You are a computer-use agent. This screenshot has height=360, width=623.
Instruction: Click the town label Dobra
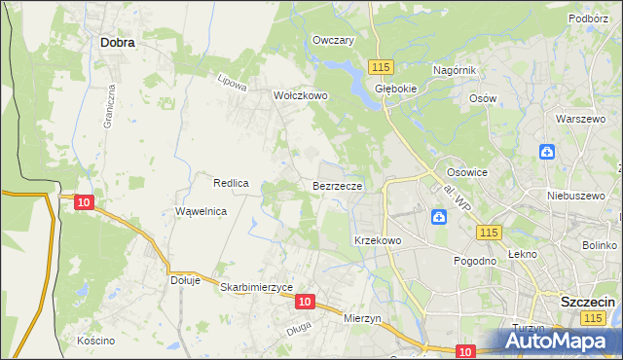coord(117,43)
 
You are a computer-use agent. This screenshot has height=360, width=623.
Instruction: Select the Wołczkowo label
coord(301,96)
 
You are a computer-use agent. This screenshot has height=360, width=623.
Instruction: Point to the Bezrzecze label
coord(338,184)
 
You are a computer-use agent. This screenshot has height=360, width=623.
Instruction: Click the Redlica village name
coord(232,182)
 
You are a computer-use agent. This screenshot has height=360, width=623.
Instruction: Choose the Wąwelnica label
coord(201,211)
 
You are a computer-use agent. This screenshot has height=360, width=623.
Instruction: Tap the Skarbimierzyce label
coord(257,287)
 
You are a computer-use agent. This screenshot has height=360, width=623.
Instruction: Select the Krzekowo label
coord(378,239)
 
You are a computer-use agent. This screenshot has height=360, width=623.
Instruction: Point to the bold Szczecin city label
coord(587,302)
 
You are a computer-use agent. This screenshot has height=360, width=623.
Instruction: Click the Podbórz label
coord(589,18)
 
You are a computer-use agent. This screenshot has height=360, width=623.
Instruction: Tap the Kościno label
coord(96,341)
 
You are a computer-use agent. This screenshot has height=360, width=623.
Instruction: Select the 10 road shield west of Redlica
coord(84,201)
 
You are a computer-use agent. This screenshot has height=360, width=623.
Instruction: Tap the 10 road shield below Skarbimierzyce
coord(305,303)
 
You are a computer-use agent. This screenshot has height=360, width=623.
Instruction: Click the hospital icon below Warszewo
coord(547,152)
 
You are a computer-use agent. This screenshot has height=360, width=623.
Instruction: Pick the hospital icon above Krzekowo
coord(440,216)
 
